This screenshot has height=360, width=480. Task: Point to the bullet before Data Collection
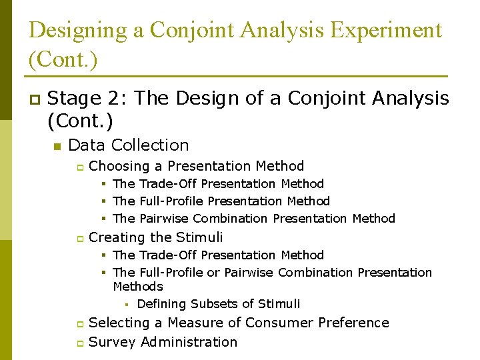(57, 146)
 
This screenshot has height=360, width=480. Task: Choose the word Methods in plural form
(138, 287)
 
